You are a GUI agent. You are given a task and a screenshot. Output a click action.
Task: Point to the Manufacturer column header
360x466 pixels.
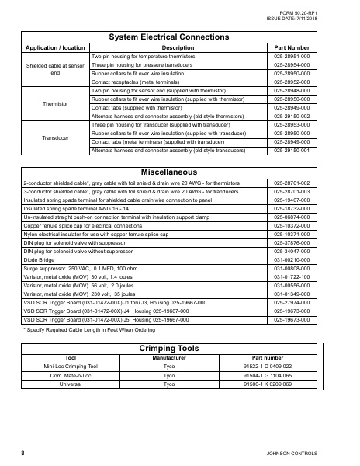[x=169, y=357]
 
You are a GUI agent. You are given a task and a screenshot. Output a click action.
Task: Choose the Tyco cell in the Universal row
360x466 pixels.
[x=169, y=384]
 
